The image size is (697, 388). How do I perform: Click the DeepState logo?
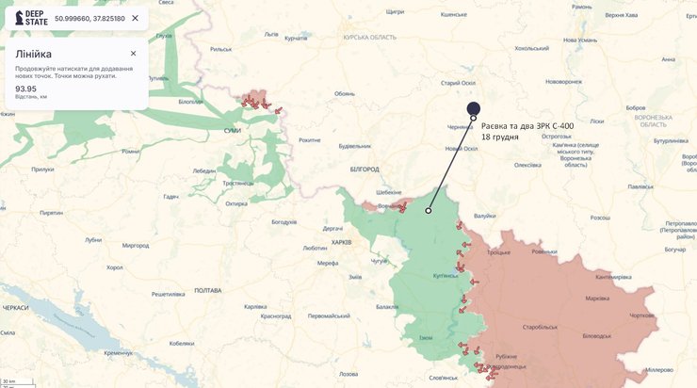point(31,18)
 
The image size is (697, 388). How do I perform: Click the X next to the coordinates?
point(135,18)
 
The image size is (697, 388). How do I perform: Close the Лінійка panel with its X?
point(133,54)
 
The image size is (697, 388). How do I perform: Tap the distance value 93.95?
point(25,89)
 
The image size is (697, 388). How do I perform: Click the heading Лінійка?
point(34,54)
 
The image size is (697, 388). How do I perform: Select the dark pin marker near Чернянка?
point(474,109)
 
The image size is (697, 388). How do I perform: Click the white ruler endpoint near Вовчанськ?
point(429,211)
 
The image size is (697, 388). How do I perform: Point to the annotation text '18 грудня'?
point(500,137)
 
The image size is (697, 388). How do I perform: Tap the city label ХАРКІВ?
point(341,242)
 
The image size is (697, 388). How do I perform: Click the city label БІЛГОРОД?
point(364,170)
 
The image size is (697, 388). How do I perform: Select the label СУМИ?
point(232,131)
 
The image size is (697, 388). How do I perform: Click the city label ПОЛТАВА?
point(207,290)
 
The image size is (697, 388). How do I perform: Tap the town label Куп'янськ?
point(446,276)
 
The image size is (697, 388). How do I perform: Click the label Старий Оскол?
point(458,83)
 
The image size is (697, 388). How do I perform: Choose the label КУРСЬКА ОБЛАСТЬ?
point(370,36)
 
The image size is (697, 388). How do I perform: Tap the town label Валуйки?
point(484,216)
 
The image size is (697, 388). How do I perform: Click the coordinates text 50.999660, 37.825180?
point(89,18)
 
